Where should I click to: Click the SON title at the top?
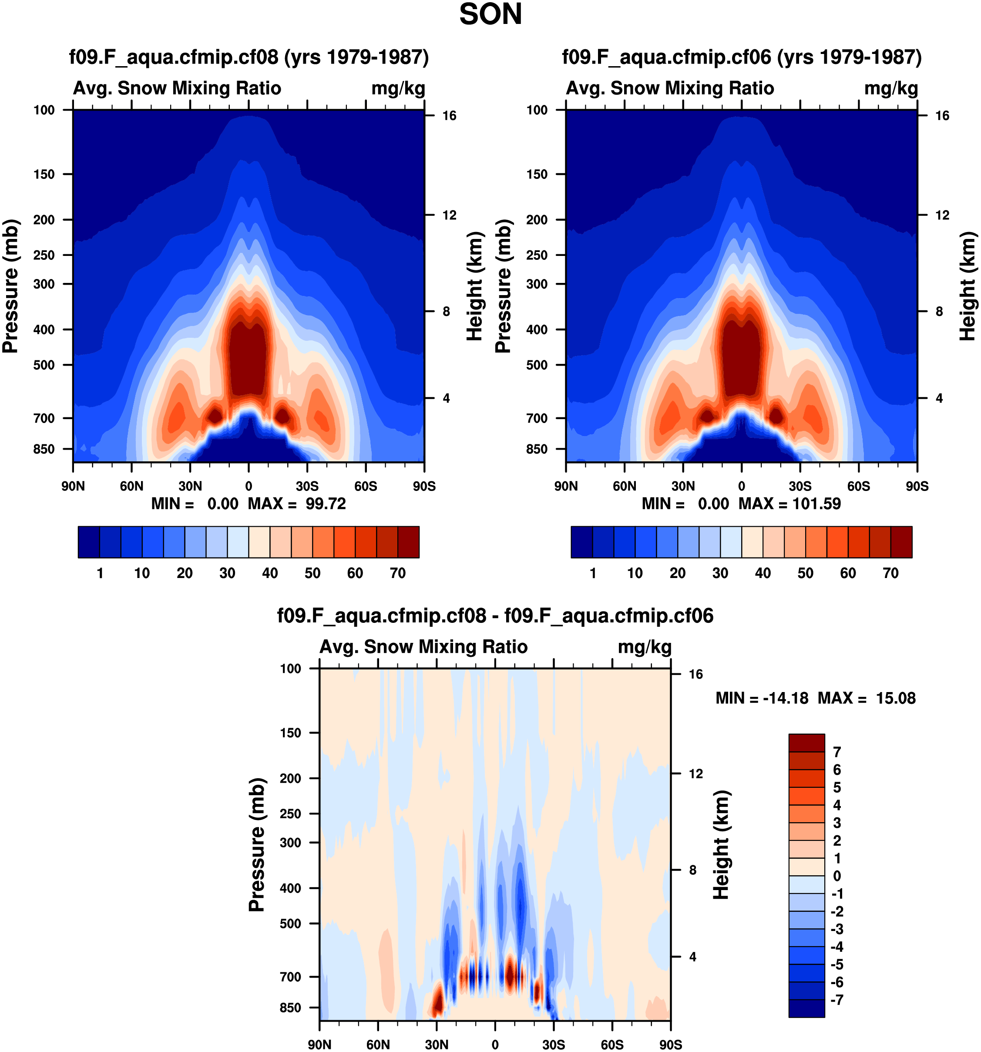(490, 14)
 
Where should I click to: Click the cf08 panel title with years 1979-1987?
(249, 57)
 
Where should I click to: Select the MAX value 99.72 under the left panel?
(326, 503)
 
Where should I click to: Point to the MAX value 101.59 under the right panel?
(816, 503)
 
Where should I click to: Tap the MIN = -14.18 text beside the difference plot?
(762, 698)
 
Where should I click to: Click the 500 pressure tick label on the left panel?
(44, 365)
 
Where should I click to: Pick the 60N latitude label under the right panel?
(625, 486)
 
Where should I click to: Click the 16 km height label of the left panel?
(449, 116)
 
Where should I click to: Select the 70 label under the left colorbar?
(397, 573)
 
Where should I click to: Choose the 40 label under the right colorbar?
(763, 573)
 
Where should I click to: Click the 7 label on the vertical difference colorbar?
(837, 752)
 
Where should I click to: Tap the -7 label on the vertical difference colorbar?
(837, 1000)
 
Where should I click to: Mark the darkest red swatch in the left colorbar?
(409, 542)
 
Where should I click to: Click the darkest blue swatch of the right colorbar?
(581, 542)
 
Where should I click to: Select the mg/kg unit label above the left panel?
(398, 88)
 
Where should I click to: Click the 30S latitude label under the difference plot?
(554, 1045)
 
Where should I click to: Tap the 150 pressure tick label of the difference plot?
(290, 733)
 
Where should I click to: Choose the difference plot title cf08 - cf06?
(495, 615)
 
